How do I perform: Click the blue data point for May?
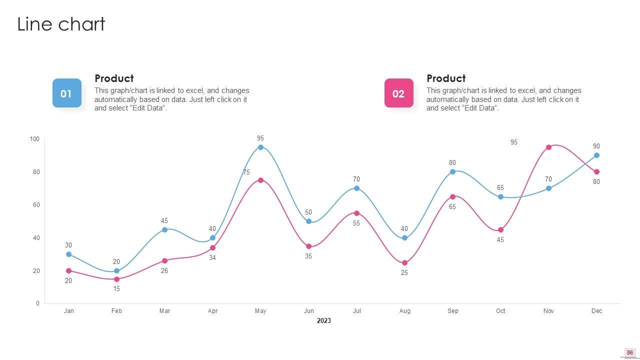point(260,147)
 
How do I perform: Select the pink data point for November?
point(548,147)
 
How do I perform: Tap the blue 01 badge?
point(66,93)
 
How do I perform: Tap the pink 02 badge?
point(398,93)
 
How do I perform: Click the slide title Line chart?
point(61,24)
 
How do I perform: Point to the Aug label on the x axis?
point(404,311)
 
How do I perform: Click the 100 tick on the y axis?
point(34,139)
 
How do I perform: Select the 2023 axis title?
point(323,321)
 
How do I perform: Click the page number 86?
point(629,352)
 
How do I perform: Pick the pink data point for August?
point(404,263)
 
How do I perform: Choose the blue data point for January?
point(68,254)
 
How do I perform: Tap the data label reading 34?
point(212,258)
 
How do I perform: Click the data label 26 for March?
point(164,271)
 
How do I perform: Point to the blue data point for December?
point(596,155)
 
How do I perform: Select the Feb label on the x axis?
point(116,311)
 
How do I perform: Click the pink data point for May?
point(260,180)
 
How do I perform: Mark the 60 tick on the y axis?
point(36,205)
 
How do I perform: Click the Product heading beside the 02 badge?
point(446,78)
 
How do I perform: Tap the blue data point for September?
point(452,172)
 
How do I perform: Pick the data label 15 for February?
point(116,289)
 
